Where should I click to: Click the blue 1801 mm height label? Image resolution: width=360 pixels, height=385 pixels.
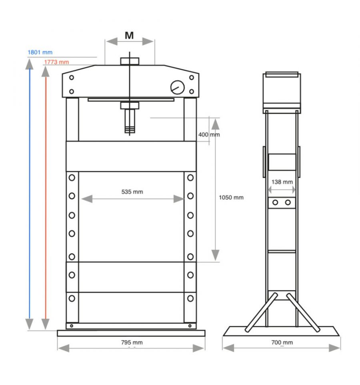[x=40, y=52]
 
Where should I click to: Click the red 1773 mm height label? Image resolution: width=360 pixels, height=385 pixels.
[x=56, y=62]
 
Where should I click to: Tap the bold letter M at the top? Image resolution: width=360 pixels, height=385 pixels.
[x=129, y=36]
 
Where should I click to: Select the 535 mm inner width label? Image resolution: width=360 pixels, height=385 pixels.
[x=132, y=192]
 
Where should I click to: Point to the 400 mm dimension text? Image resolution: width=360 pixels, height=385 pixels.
[x=209, y=134]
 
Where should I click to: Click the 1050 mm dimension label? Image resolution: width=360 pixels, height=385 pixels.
[x=231, y=197]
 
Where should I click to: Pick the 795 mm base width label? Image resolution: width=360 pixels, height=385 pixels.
[x=132, y=342]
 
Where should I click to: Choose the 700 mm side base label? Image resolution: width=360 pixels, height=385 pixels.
[x=282, y=342]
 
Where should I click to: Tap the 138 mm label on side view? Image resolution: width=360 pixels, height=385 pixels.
[x=282, y=182]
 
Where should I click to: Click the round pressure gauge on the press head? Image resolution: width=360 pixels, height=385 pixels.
[x=178, y=87]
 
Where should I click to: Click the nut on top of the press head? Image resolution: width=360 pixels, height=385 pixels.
[x=130, y=61]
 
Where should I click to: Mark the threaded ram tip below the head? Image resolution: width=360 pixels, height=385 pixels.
[x=130, y=129]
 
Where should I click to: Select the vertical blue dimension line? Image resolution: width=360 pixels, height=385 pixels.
[x=30, y=194]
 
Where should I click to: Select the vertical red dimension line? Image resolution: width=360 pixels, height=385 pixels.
[x=46, y=198]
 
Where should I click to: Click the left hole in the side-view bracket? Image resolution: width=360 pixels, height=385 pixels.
[x=275, y=203]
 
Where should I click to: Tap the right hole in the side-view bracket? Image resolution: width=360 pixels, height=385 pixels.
[x=288, y=203]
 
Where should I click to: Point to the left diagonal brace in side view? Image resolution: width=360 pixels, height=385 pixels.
[x=261, y=312]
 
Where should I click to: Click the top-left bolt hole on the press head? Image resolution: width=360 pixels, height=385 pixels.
[x=72, y=78]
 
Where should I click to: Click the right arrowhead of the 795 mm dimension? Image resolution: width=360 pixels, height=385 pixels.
[x=198, y=348]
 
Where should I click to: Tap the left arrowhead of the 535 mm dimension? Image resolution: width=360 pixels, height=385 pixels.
[x=87, y=199]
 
